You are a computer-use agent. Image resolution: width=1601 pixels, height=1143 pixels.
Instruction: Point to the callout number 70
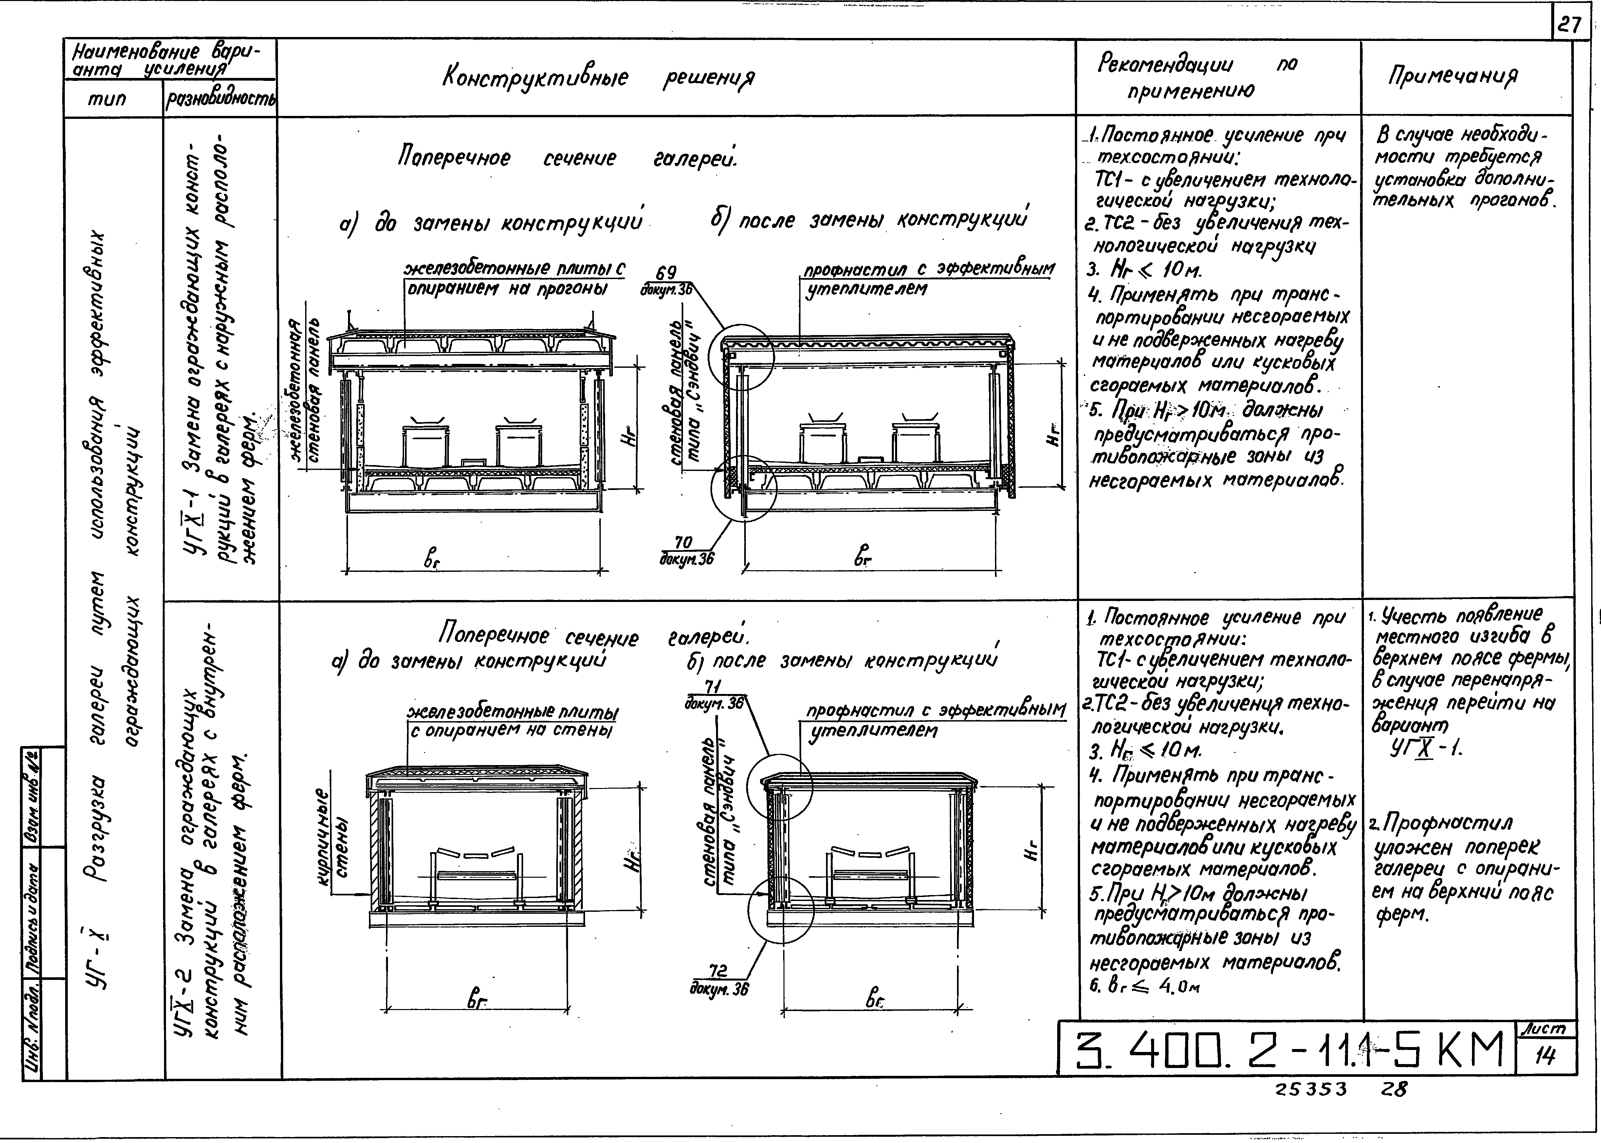pyautogui.click(x=683, y=542)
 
